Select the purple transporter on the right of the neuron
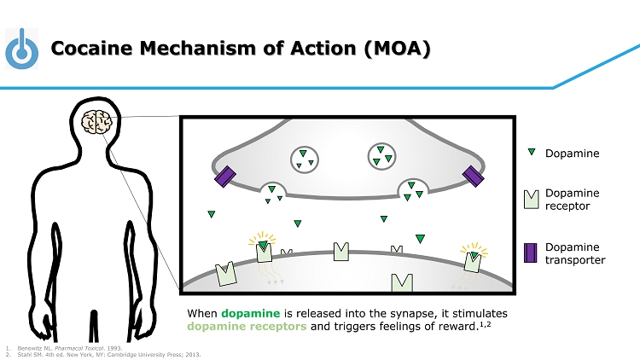pos(474,176)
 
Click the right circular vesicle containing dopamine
pos(381,156)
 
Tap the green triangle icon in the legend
pos(530,154)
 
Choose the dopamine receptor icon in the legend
pos(530,200)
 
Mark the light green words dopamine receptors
pos(241,327)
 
